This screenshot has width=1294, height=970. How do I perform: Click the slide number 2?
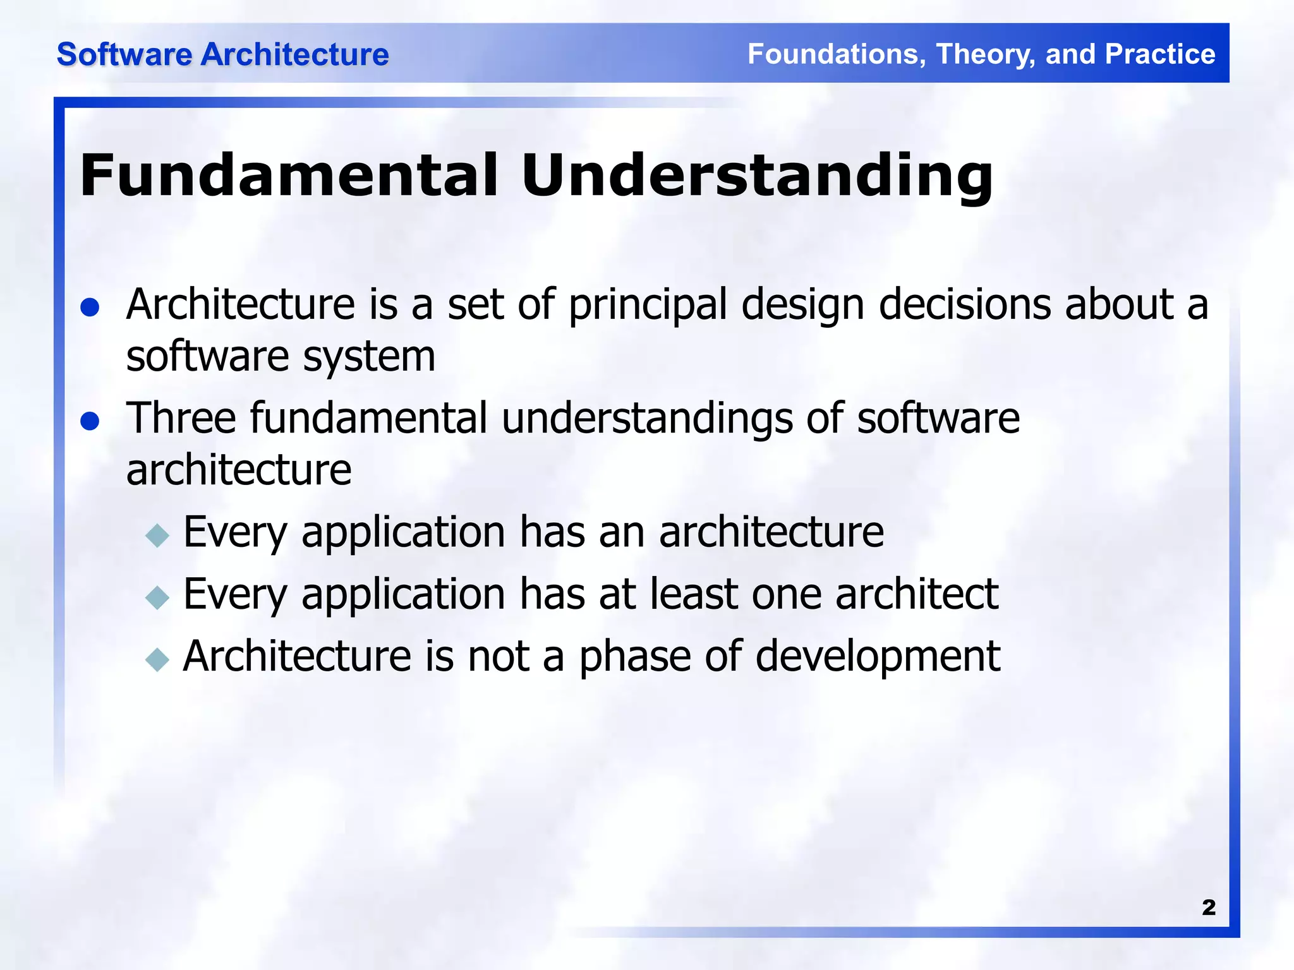point(1208,907)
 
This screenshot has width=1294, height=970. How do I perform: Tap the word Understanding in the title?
point(757,177)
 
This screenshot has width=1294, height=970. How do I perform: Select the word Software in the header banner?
point(124,54)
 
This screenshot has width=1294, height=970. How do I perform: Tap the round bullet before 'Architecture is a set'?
point(90,308)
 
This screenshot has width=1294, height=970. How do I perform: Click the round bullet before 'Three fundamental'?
point(90,421)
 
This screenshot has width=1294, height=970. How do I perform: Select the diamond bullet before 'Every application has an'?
point(157,536)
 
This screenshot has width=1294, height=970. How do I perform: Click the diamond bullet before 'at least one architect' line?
point(157,597)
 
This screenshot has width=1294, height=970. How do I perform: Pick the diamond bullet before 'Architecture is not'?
point(157,660)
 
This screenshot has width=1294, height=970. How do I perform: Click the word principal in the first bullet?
point(648,306)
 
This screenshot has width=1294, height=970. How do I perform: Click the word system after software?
point(369,357)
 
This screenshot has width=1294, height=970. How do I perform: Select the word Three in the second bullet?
point(181,418)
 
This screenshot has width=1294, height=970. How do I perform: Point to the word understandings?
point(646,419)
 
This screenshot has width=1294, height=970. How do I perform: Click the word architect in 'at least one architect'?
point(916,594)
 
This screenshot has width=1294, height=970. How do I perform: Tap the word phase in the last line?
point(635,657)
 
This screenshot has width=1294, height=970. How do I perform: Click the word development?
point(878,657)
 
